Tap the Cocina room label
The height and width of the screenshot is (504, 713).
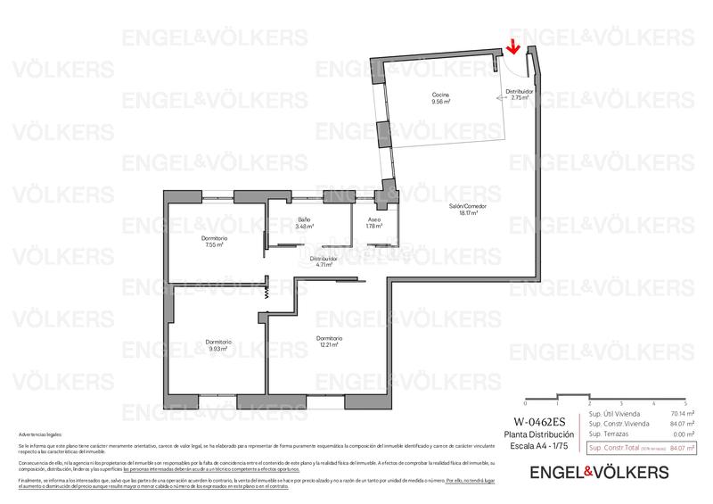[440, 98]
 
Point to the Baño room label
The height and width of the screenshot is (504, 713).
[304, 222]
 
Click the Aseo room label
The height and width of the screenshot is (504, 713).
[374, 222]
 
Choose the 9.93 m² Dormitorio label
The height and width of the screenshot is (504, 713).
[218, 345]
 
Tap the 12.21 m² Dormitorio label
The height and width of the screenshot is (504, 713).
[329, 342]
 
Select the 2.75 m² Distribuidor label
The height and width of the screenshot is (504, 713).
[519, 95]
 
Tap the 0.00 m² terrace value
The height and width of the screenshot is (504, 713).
[684, 434]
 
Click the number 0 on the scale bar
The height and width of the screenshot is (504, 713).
[526, 403]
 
